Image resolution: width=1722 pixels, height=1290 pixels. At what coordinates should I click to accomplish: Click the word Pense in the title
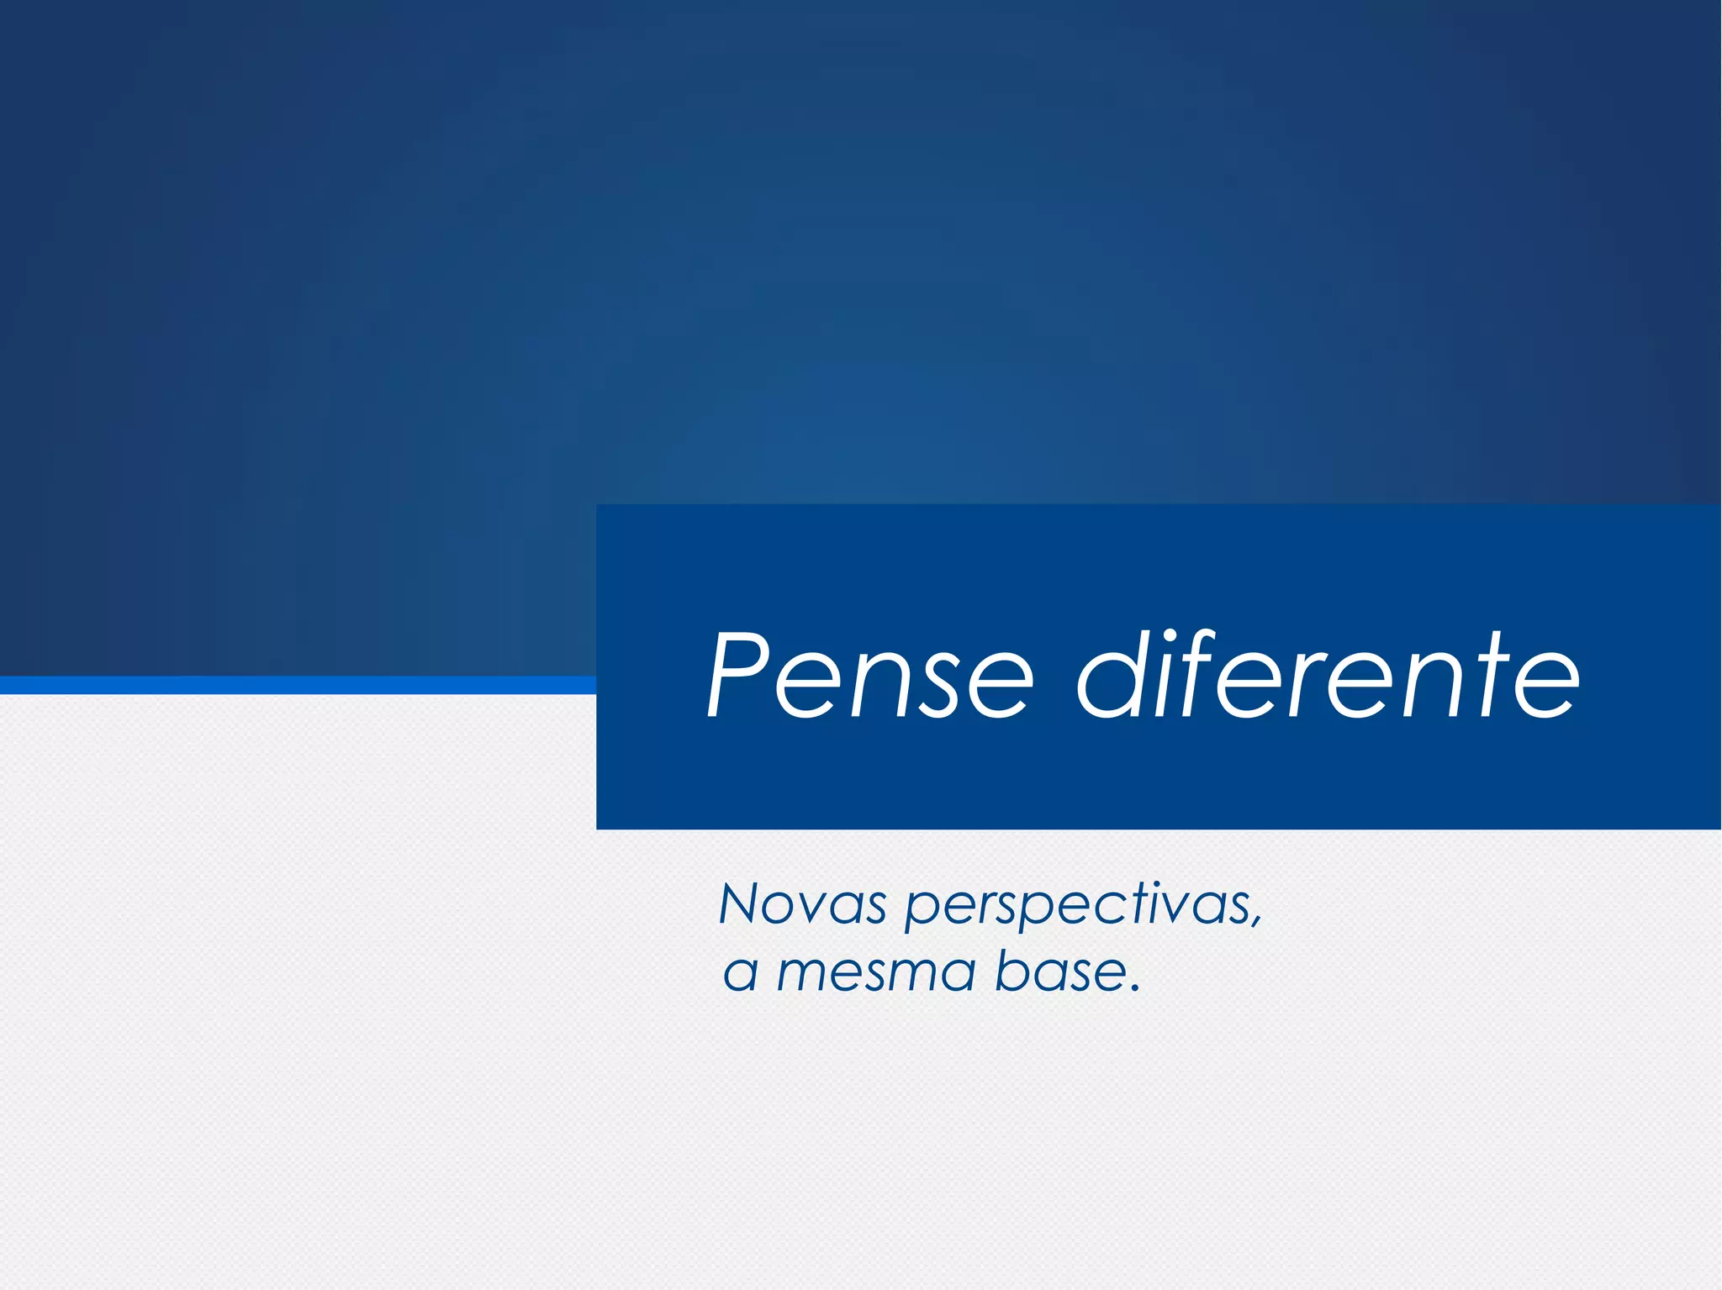tap(870, 677)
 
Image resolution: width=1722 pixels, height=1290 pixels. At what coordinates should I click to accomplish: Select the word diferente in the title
tap(1328, 677)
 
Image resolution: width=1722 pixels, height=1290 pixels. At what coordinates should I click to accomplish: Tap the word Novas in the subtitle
tap(803, 905)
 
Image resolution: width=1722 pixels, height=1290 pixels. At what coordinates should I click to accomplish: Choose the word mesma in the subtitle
tap(874, 973)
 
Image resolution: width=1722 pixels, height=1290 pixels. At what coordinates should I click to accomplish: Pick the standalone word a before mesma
tap(741, 975)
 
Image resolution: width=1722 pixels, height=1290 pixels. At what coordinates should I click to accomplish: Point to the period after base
tap(1135, 987)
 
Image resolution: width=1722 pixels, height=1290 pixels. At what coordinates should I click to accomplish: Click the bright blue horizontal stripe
tap(294, 685)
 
